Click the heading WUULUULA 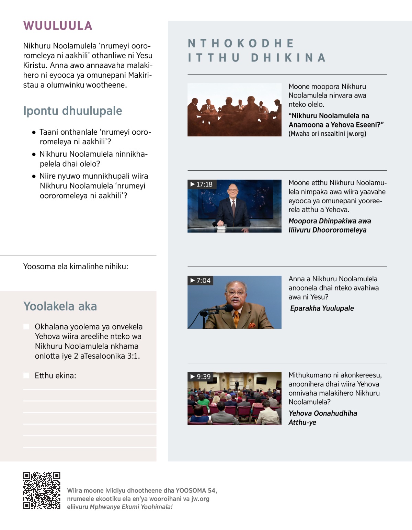pos(58,26)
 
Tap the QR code pos(42,490)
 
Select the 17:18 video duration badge pos(202,184)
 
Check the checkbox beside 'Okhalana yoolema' pos(26,327)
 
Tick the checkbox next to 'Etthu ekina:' pos(26,375)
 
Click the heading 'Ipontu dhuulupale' pos(72,111)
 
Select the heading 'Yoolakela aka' pos(60,306)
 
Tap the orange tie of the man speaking pos(236,318)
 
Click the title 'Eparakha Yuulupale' pos(322,308)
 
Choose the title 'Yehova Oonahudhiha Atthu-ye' pos(322,418)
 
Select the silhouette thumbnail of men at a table pos(234,110)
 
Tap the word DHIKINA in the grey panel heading pos(288,58)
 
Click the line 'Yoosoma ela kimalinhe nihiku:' pos(76,267)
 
